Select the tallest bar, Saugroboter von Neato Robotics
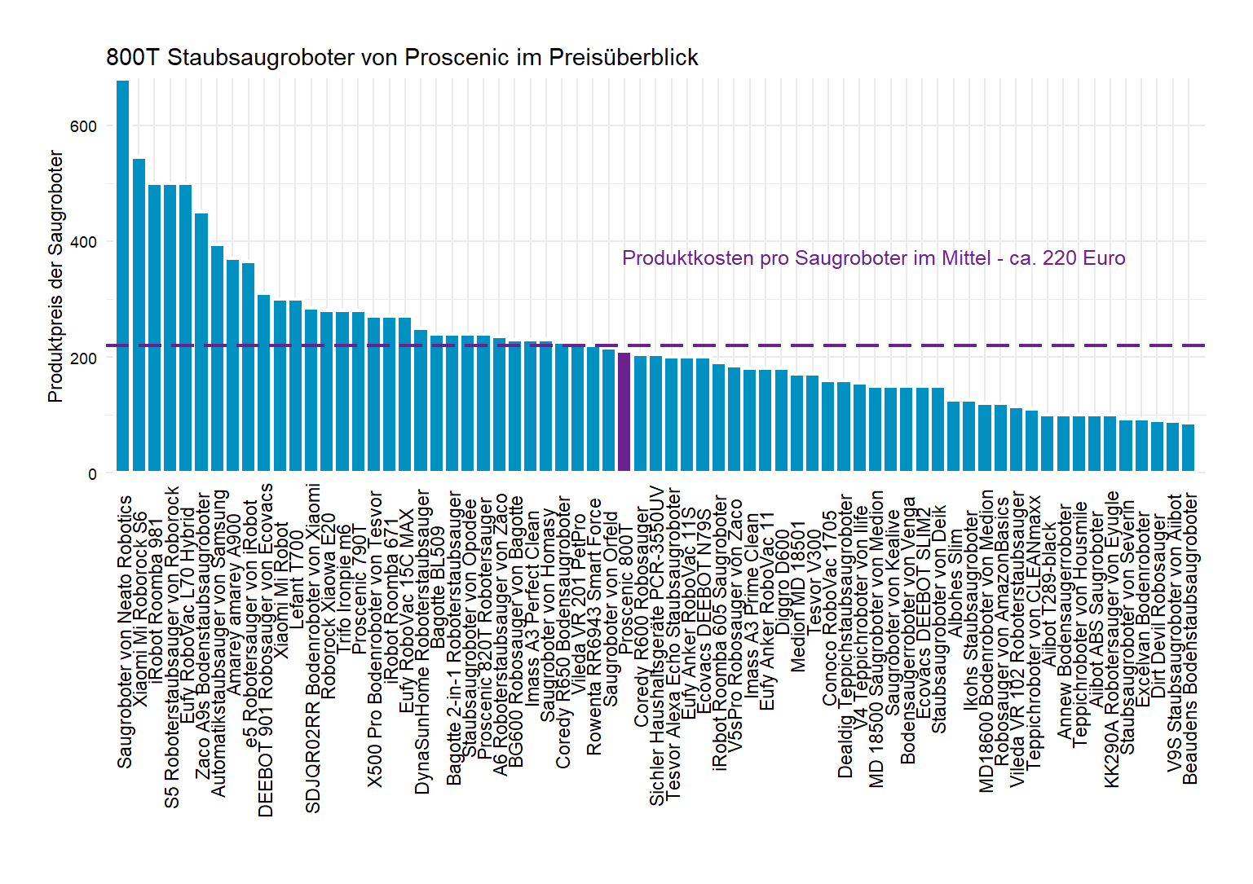123,277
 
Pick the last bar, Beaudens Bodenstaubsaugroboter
1188,447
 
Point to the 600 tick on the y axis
83,126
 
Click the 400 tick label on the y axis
83,242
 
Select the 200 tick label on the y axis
83,358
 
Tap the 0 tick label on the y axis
92,473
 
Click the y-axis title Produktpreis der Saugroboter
55,276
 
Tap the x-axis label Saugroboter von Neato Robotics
124,631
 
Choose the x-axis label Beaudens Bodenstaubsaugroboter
1190,639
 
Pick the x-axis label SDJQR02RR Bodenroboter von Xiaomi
312,648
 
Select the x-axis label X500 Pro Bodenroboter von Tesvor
375,639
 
